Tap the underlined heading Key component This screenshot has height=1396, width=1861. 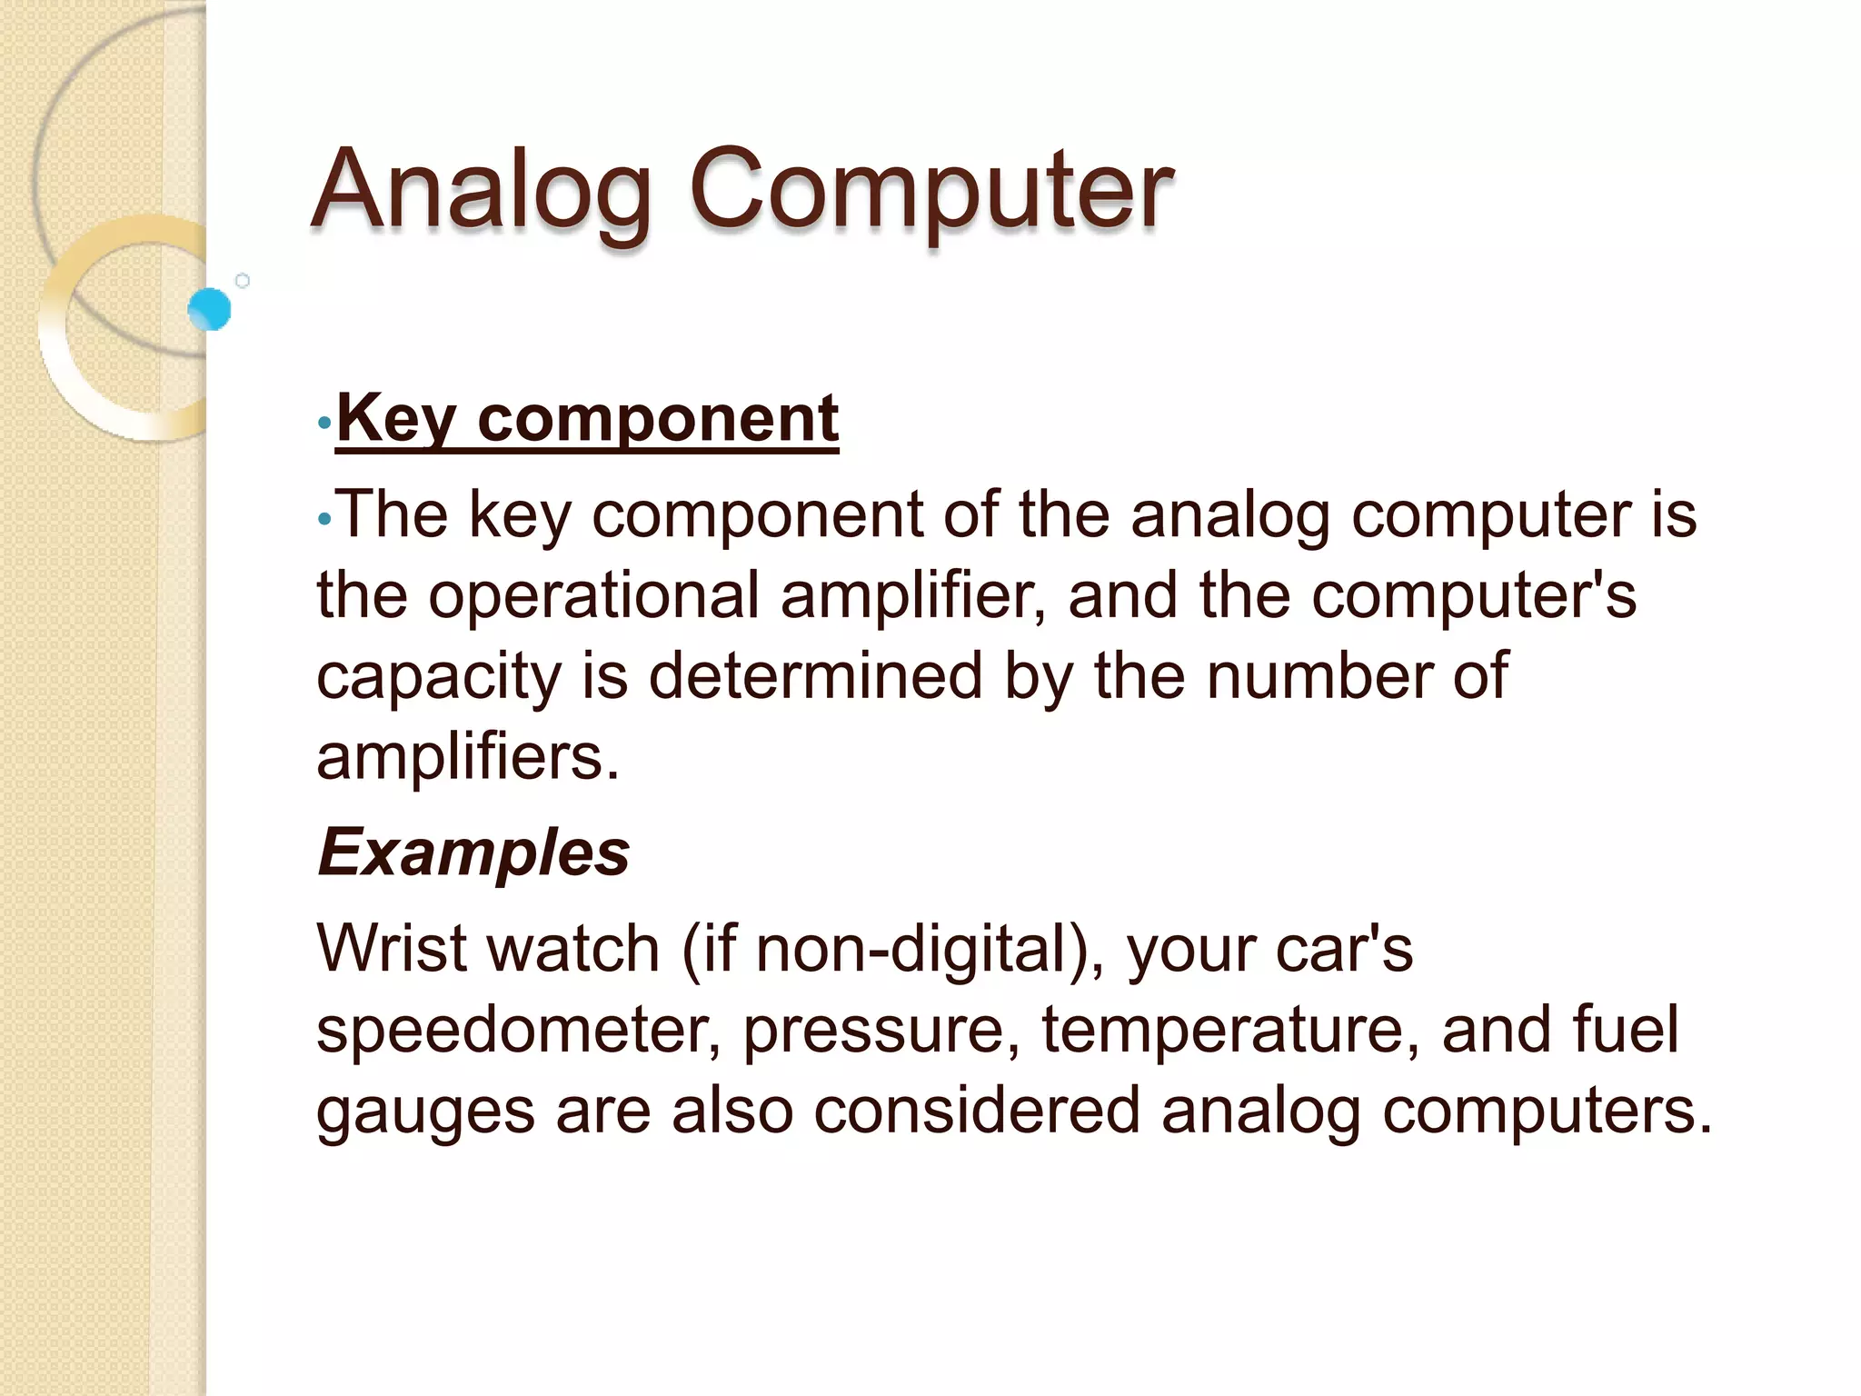[x=587, y=419]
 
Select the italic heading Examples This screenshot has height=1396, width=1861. [x=473, y=853]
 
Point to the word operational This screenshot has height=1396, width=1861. [x=593, y=596]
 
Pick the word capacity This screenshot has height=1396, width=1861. [x=439, y=677]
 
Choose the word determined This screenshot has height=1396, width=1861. [x=816, y=677]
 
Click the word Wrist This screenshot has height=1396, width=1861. [x=393, y=949]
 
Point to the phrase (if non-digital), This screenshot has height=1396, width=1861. [x=894, y=949]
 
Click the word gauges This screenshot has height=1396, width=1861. [x=425, y=1112]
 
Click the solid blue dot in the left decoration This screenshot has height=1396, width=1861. [x=210, y=309]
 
